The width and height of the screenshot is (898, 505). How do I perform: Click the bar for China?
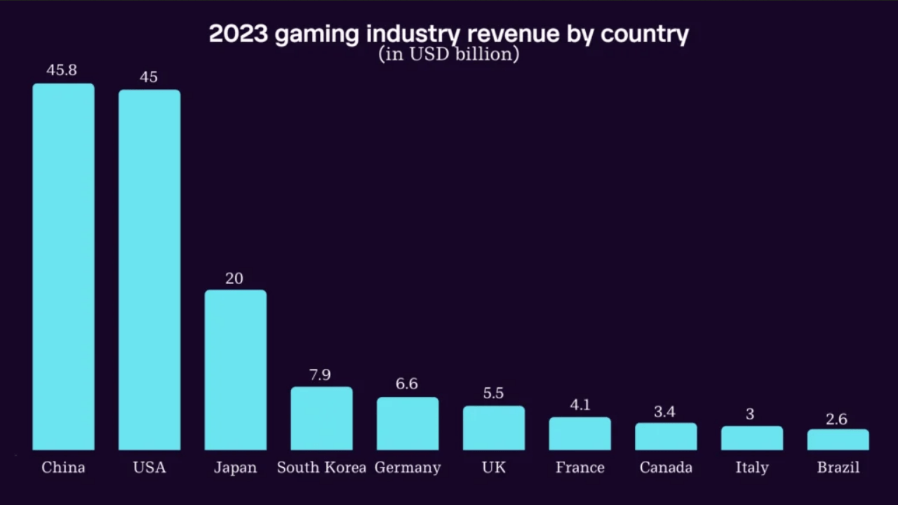63,267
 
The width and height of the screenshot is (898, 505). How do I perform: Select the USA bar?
149,270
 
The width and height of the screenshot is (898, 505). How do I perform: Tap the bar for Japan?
235,370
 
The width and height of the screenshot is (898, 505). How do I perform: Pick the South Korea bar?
321,419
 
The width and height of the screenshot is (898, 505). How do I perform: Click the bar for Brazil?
838,440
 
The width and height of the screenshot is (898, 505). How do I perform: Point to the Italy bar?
751,438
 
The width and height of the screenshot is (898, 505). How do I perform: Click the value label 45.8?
62,70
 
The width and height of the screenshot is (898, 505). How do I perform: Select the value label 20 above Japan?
234,278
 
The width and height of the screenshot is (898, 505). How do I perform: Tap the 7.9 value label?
320,375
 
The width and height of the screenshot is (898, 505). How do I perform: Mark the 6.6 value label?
407,384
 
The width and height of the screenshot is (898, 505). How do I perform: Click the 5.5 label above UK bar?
493,393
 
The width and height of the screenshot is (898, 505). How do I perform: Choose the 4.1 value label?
580,405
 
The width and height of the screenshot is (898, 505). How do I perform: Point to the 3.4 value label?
664,412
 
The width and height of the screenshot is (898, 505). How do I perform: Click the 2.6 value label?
836,419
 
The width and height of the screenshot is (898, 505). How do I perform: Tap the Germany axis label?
408,468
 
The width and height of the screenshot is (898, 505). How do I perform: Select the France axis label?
580,468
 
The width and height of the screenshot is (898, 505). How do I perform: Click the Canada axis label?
666,468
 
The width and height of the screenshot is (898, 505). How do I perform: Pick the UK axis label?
494,468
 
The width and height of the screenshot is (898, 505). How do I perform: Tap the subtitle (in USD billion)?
449,54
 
